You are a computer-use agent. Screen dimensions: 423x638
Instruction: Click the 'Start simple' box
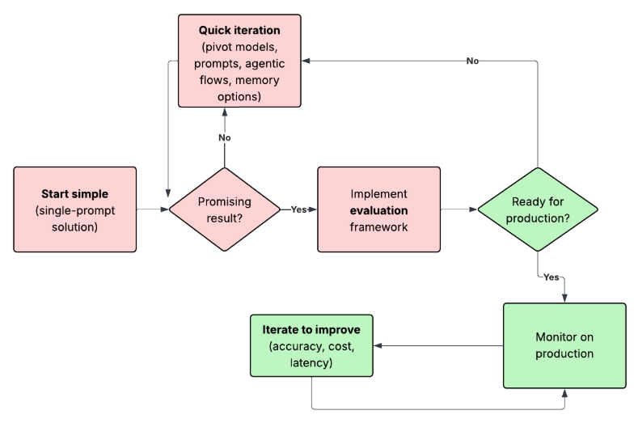click(74, 209)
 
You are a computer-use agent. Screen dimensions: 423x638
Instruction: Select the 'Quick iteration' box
click(239, 61)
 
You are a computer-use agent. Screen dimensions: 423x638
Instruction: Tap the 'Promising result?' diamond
click(224, 209)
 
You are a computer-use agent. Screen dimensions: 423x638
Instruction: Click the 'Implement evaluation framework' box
click(378, 209)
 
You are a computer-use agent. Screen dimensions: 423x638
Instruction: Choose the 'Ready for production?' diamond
click(538, 209)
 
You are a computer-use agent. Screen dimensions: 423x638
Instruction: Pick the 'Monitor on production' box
click(564, 345)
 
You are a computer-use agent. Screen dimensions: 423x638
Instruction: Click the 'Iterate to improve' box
click(311, 346)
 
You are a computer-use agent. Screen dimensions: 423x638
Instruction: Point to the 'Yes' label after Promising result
click(298, 209)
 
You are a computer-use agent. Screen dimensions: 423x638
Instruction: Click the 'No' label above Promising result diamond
click(225, 137)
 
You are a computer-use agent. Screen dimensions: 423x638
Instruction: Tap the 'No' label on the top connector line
click(472, 61)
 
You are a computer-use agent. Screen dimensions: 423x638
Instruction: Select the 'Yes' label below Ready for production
click(551, 277)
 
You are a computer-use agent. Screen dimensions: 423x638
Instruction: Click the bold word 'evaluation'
click(378, 210)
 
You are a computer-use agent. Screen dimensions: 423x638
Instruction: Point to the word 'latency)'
click(311, 363)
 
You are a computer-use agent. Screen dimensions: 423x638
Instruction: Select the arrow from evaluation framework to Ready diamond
click(458, 209)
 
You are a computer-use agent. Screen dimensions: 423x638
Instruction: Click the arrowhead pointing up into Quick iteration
click(225, 112)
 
